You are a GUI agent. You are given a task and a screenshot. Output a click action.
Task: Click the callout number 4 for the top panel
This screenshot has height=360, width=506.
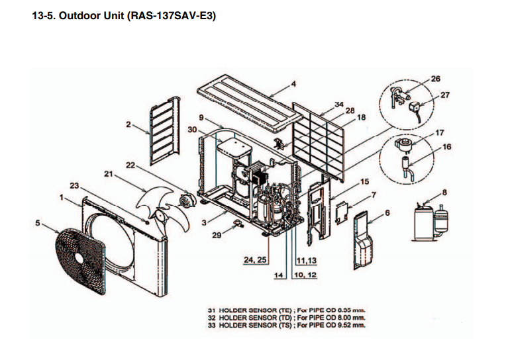pyautogui.click(x=293, y=84)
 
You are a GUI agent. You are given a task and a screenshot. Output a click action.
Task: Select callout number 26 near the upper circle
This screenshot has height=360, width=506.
pyautogui.click(x=435, y=79)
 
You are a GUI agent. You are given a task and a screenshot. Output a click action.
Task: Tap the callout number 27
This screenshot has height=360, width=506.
pyautogui.click(x=444, y=95)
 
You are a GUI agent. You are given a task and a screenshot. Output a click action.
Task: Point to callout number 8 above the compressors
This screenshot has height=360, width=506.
pyautogui.click(x=444, y=193)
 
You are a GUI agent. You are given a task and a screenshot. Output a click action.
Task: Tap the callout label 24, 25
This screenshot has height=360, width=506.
pyautogui.click(x=254, y=261)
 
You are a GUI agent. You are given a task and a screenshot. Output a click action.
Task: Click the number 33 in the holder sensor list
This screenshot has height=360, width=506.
pyautogui.click(x=213, y=326)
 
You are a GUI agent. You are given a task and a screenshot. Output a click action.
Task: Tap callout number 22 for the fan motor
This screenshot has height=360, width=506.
pyautogui.click(x=129, y=164)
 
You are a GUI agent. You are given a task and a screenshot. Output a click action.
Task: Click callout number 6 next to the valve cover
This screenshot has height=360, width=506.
pyautogui.click(x=387, y=212)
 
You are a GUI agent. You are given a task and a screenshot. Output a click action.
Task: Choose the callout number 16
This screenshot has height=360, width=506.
pyautogui.click(x=446, y=146)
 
